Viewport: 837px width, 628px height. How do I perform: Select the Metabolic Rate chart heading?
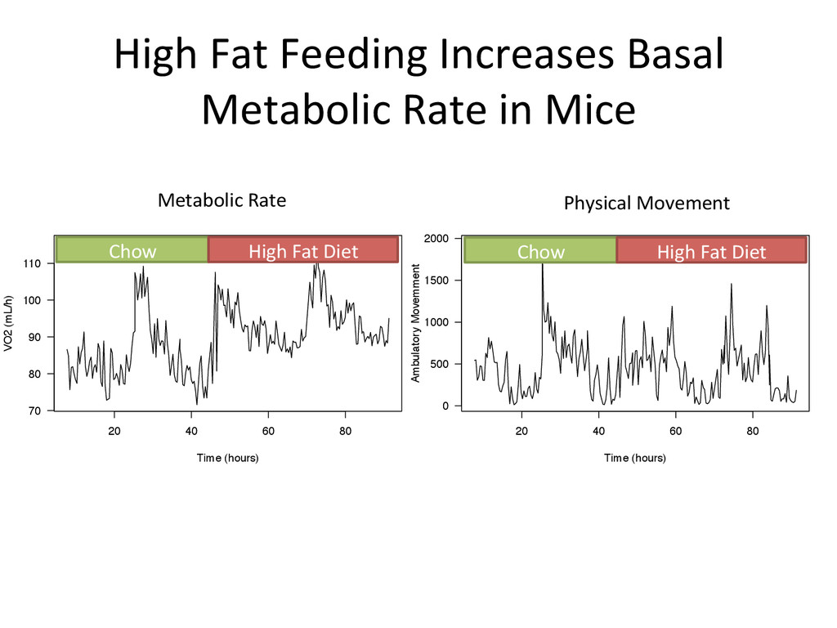222,200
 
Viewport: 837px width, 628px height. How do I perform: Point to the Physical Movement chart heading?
647,203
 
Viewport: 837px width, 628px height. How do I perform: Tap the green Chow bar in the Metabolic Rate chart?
132,251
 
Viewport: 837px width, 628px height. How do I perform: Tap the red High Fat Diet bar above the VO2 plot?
303,251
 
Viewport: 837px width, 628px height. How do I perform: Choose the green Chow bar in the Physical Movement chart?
540,252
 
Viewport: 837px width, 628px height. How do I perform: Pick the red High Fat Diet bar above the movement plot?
711,252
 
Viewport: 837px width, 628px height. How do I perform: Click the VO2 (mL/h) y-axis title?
9,324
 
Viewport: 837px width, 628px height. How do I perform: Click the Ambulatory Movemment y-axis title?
416,323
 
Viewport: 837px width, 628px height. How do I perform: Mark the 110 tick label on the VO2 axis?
33,263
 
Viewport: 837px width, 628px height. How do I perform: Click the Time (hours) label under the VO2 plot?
227,458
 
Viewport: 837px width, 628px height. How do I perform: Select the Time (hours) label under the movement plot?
635,458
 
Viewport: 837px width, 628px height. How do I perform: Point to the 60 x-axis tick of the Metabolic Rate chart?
268,431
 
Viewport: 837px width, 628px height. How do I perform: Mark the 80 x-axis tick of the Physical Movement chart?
753,431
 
